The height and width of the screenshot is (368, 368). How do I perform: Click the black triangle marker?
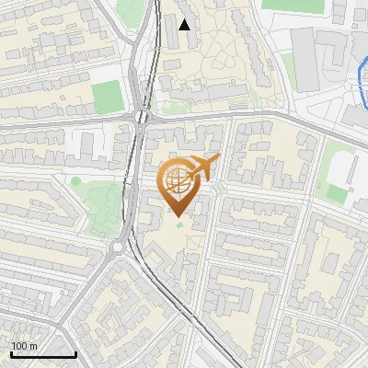[185, 25]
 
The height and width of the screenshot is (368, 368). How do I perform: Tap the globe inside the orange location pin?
[178, 183]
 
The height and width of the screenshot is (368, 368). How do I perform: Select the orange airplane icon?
[205, 167]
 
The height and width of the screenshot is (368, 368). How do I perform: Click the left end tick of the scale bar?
[10, 353]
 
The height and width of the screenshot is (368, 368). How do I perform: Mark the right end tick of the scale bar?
[75, 353]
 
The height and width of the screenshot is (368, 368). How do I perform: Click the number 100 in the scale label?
[19, 346]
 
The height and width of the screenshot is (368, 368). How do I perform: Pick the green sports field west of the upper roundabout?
[109, 95]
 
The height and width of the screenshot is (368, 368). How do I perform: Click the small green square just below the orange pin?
[179, 224]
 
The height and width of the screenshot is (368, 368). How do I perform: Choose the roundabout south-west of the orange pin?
[119, 246]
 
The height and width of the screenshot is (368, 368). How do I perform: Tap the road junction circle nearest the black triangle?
[140, 116]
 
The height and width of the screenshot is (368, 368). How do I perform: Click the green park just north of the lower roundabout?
[104, 202]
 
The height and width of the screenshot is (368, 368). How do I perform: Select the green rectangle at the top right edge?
[293, 5]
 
